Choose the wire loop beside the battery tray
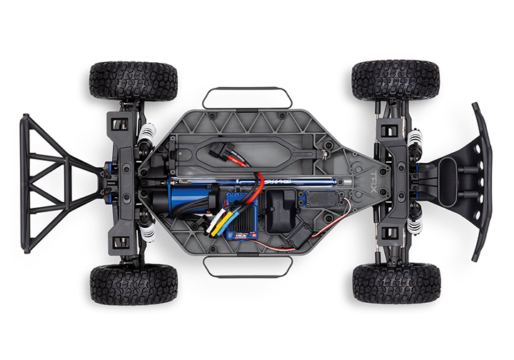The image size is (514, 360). [x=247, y=96]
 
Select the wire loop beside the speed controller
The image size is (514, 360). [x=247, y=266]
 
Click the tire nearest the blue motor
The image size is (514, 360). [x=133, y=284]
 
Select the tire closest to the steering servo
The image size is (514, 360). [x=395, y=283]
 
